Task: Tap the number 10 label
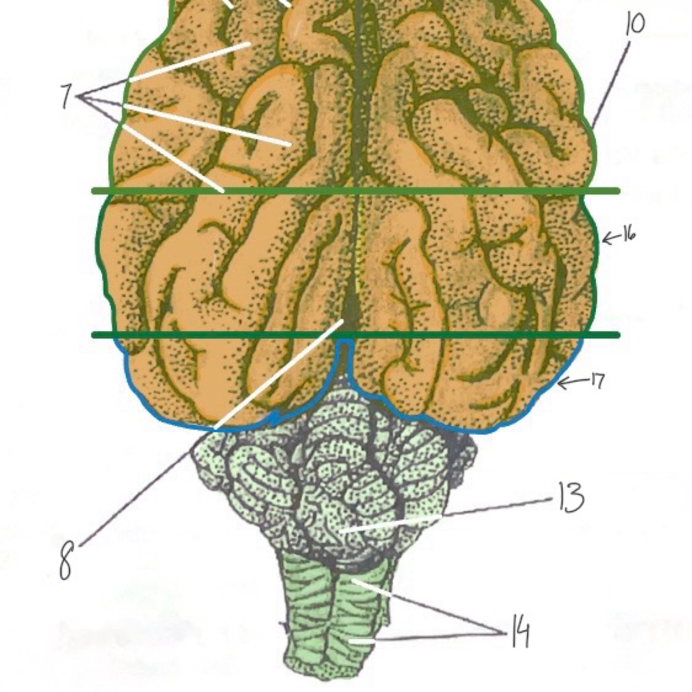634,24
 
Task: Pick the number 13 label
571,497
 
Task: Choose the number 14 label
520,631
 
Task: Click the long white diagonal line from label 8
280,373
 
